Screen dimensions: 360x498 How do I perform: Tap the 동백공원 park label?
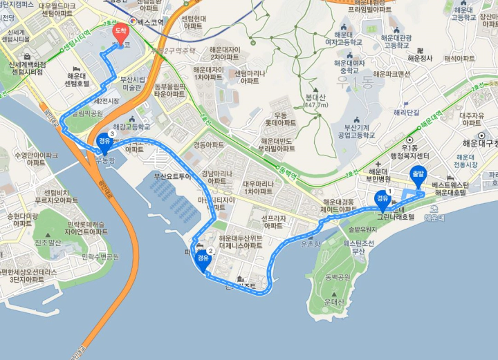(x=338, y=276)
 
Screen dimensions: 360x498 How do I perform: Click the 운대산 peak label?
(x=333, y=302)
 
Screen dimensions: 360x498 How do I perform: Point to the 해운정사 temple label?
(x=420, y=59)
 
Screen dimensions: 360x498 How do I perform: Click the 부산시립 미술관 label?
(x=133, y=83)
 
